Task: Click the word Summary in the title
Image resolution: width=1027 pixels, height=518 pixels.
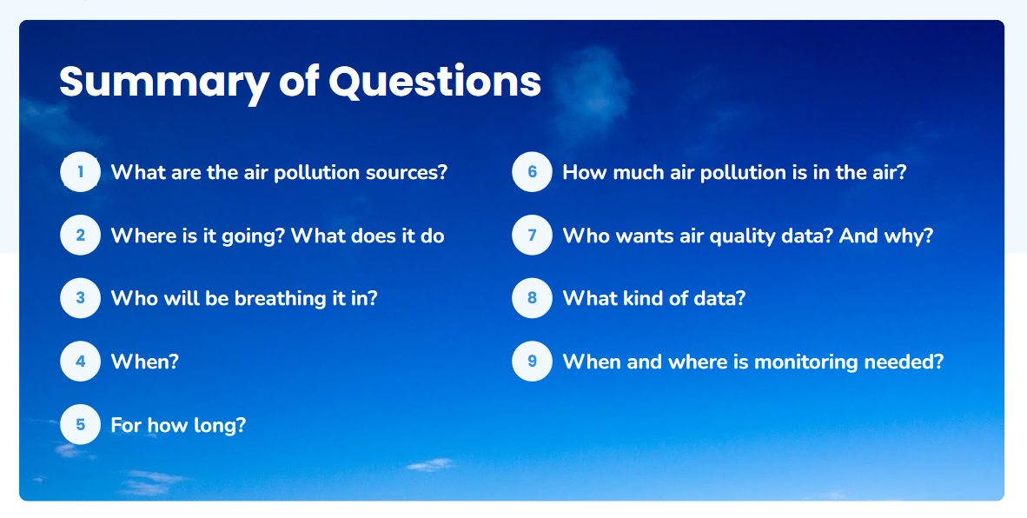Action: click(x=163, y=83)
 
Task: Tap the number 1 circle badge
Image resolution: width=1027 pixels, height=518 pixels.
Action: click(x=80, y=171)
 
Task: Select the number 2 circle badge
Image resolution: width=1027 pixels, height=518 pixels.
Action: click(x=80, y=235)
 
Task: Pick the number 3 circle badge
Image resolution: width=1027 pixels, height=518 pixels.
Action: click(x=80, y=298)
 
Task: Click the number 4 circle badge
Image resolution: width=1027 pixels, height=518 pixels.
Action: click(x=80, y=361)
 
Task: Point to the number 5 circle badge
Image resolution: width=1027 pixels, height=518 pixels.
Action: click(x=80, y=424)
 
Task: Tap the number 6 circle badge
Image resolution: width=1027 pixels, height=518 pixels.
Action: click(x=532, y=171)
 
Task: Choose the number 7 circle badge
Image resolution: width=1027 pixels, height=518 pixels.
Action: click(x=532, y=235)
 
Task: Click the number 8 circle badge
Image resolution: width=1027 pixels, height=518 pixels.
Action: click(x=532, y=298)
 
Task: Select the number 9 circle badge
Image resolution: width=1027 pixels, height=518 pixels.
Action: click(x=532, y=361)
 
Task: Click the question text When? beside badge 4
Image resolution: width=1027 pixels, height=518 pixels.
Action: click(x=145, y=362)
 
